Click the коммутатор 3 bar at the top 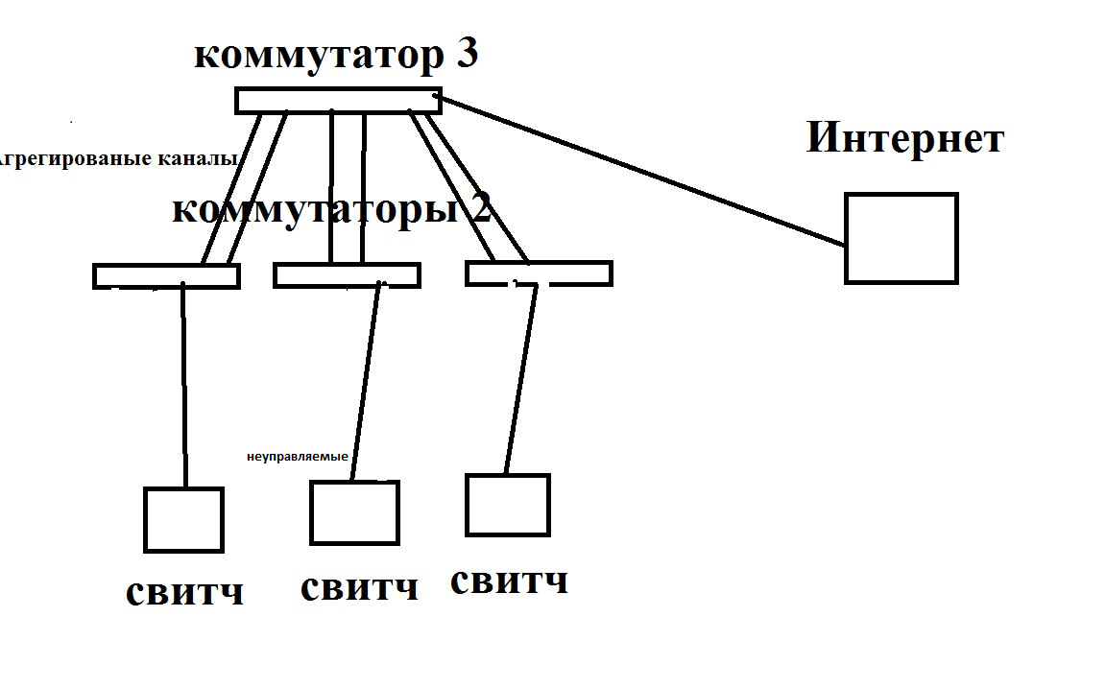(338, 100)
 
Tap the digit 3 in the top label (467, 55)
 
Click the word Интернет (904, 137)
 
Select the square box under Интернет (901, 238)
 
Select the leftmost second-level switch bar (165, 275)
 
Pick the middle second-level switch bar (346, 275)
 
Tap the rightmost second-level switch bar (538, 273)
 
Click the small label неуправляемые (297, 457)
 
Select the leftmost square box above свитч (183, 519)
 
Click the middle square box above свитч (353, 512)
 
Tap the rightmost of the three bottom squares (507, 505)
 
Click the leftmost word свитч (184, 592)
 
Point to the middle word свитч (359, 586)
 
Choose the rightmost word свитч (509, 580)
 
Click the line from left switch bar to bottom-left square (183, 384)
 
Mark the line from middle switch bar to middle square (366, 384)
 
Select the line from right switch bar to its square (520, 379)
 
